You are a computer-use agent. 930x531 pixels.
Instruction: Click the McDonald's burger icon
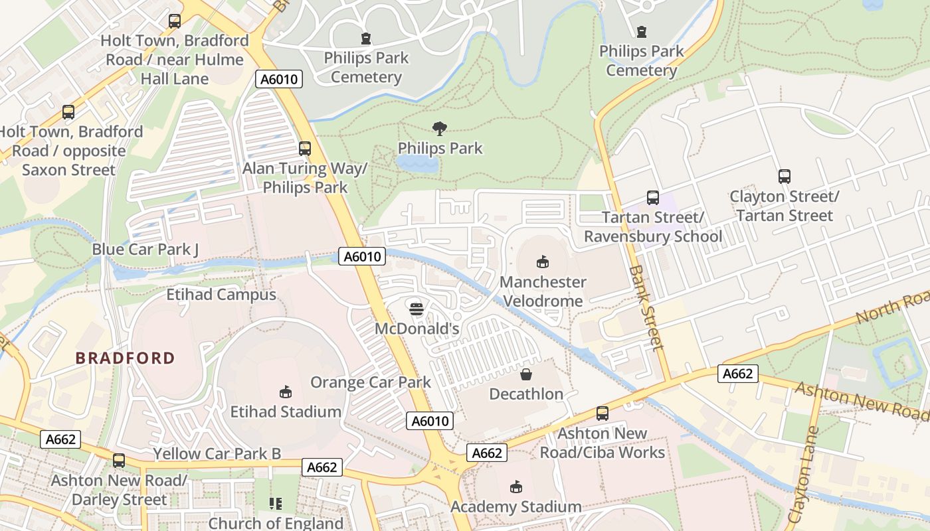(417, 309)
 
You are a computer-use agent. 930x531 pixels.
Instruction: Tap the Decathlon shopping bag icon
(526, 374)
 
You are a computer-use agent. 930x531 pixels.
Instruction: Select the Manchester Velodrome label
(543, 291)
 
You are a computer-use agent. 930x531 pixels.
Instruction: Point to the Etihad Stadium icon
(286, 392)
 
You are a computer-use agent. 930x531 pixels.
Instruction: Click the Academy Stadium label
(515, 507)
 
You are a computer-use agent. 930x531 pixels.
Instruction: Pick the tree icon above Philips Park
(439, 128)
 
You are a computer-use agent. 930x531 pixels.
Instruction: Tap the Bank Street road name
(646, 308)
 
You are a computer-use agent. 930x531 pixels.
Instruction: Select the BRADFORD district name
(125, 358)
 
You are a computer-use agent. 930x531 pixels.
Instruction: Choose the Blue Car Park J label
(145, 250)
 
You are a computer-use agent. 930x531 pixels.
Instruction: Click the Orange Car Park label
(371, 382)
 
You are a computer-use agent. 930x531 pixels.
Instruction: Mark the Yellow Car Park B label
(217, 454)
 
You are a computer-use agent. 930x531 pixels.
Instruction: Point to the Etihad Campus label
(221, 295)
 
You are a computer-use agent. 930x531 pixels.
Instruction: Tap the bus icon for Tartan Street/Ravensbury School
(652, 197)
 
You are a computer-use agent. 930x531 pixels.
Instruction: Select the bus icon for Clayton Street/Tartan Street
(784, 177)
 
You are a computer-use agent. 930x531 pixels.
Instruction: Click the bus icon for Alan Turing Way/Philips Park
(305, 149)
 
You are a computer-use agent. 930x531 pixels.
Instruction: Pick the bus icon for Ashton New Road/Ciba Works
(603, 414)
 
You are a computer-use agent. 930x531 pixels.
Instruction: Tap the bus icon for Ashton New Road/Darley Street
(119, 460)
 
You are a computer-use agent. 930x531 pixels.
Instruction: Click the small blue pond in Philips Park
(417, 164)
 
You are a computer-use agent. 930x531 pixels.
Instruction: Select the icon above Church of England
(276, 504)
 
